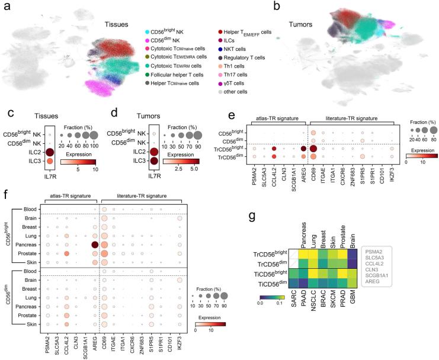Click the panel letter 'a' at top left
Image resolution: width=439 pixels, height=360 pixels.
tap(5, 7)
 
